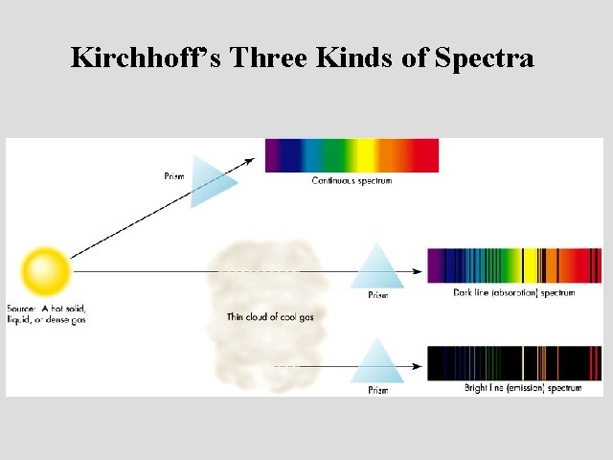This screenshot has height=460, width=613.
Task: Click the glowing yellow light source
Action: [x=47, y=271]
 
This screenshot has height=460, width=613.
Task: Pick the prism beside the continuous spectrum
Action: [x=213, y=181]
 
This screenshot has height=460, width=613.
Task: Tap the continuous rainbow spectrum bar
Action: [x=352, y=155]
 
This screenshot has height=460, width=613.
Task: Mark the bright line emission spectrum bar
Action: [x=514, y=362]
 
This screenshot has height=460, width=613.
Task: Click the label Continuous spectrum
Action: [x=352, y=180]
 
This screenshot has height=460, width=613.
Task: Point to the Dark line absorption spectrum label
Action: [x=514, y=292]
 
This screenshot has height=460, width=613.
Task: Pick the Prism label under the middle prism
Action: [x=379, y=295]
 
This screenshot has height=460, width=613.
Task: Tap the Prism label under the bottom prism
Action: [x=379, y=390]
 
